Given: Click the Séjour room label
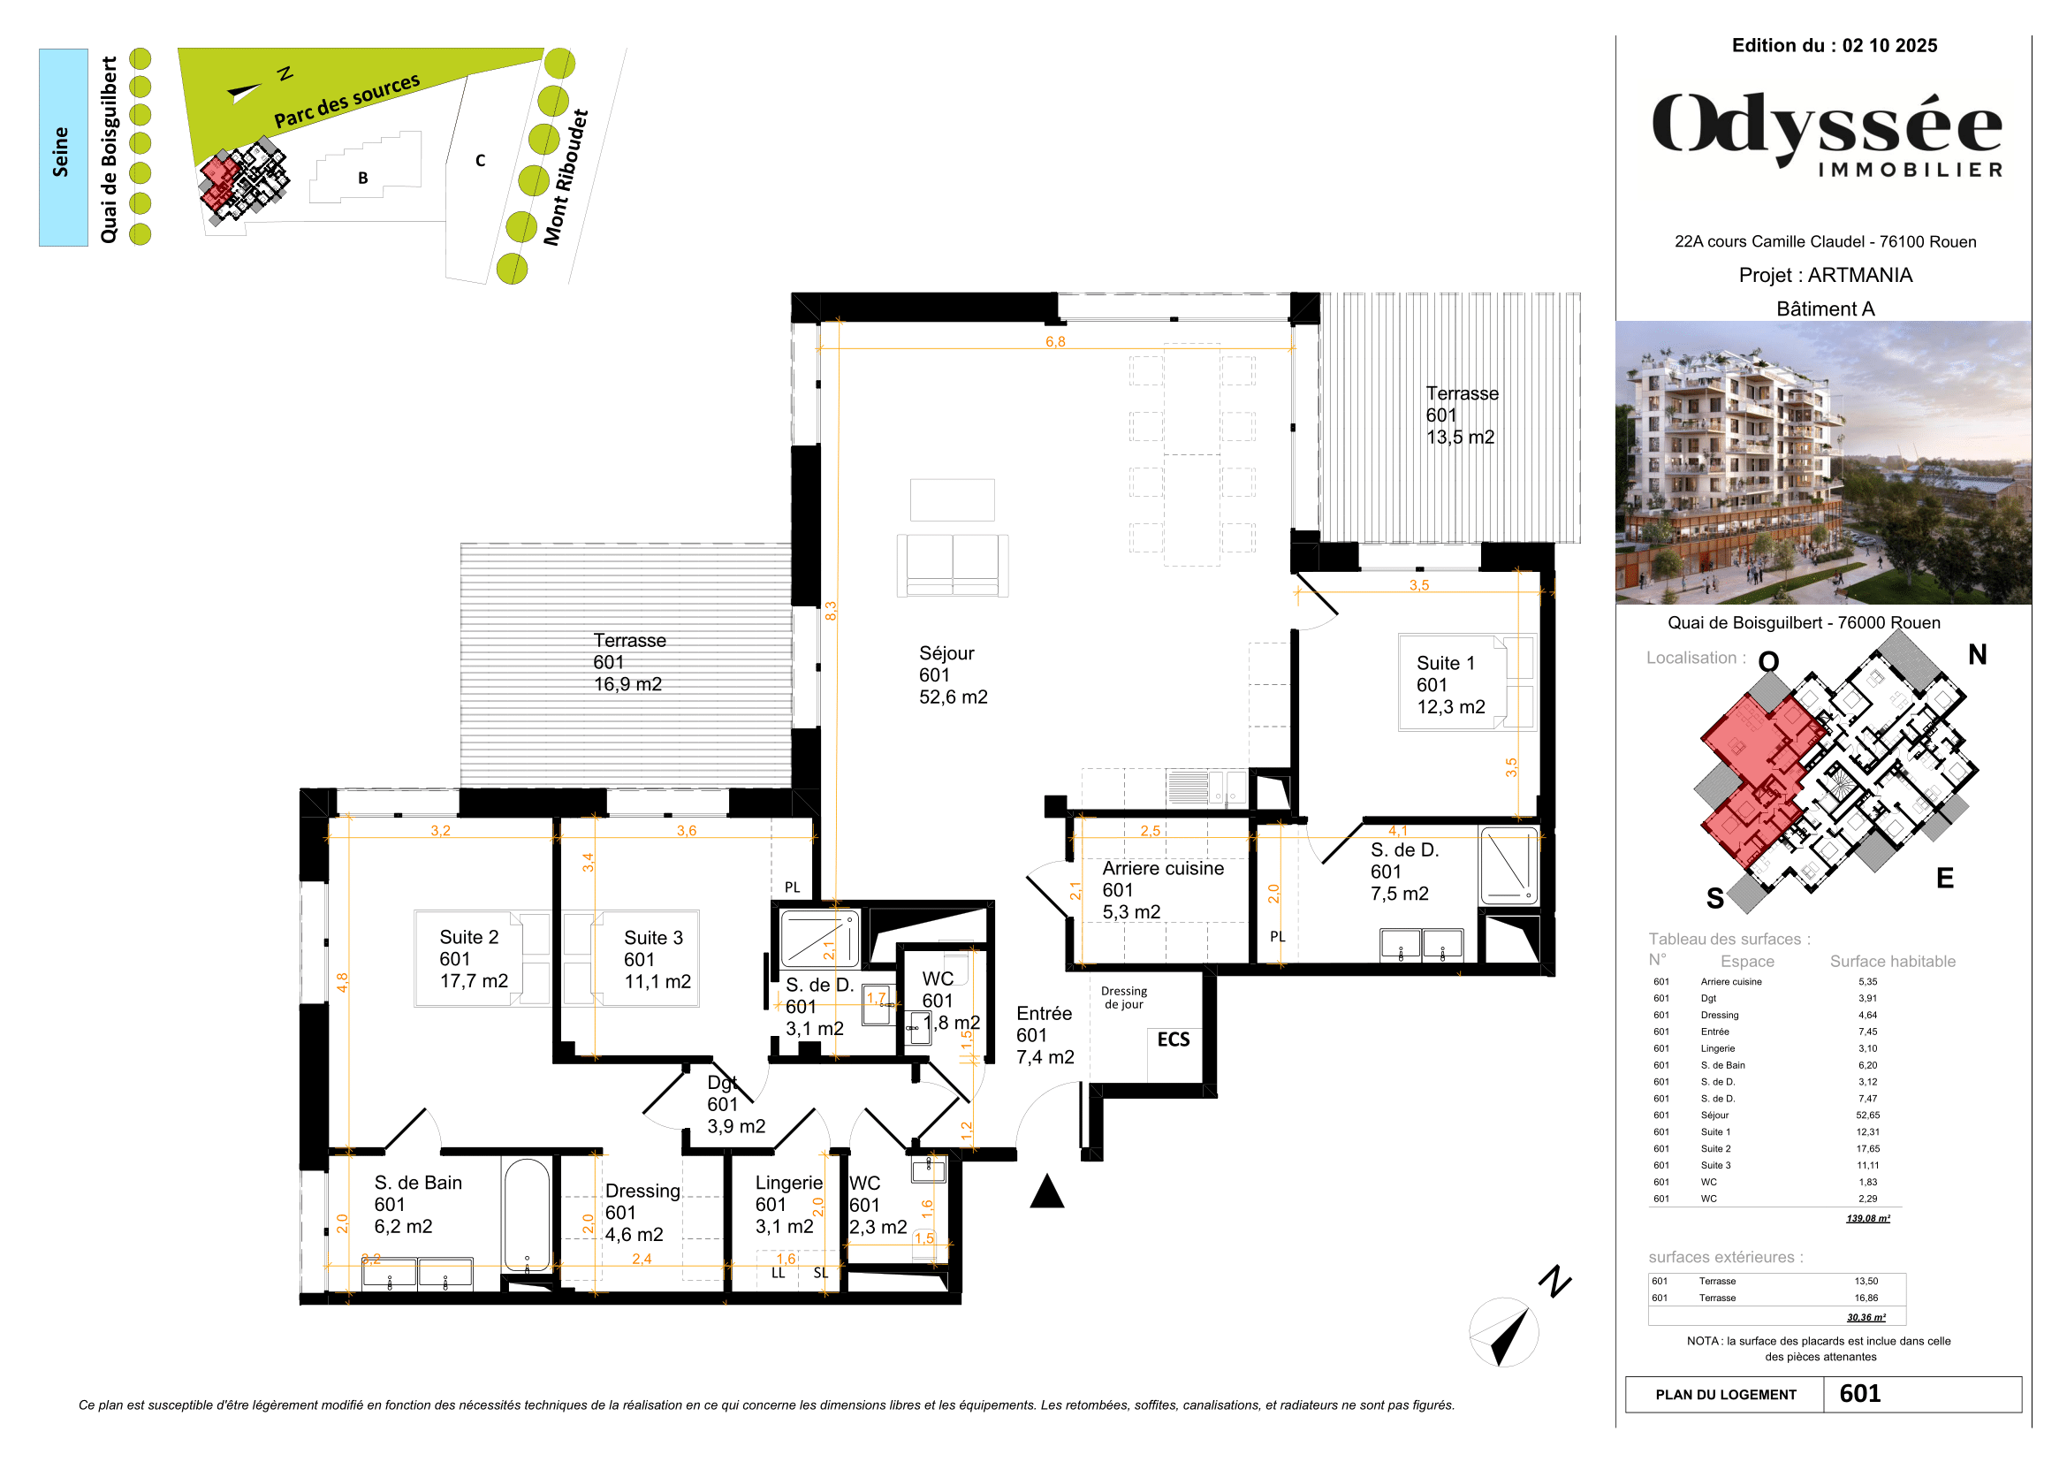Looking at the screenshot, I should click(952, 675).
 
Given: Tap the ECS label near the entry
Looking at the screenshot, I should click(1173, 1039).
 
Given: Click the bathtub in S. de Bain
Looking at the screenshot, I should click(527, 1215).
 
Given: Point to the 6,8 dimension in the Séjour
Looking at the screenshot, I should click(1055, 341).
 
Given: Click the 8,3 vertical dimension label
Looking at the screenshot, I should click(831, 611).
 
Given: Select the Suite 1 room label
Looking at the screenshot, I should click(1449, 684).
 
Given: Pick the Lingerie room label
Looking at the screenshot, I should click(787, 1205).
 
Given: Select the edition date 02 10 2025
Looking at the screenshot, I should click(1888, 46).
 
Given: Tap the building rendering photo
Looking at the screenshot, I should click(1823, 461).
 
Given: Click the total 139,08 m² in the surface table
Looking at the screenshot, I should click(1867, 1218).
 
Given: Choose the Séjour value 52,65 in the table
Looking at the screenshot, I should click(1867, 1115).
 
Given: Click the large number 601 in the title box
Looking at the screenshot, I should click(1860, 1394).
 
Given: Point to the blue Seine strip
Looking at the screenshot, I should click(63, 148).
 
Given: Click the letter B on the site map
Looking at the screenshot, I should click(363, 179).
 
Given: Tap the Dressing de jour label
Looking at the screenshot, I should click(1123, 997).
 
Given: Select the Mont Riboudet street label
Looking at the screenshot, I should click(566, 178).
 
